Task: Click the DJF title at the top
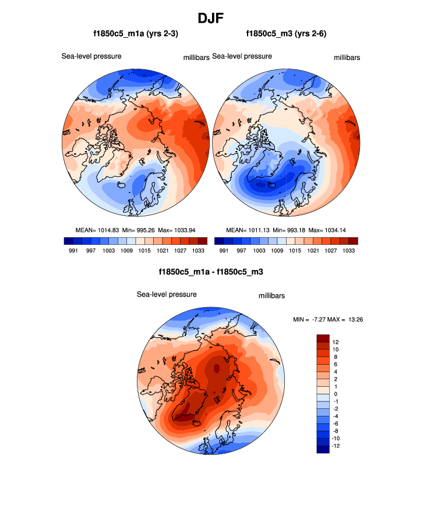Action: (213, 19)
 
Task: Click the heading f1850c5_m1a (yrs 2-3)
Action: (136, 34)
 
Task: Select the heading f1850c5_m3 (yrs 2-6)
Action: (286, 34)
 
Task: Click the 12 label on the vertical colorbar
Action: (336, 341)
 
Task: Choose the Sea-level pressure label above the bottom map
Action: (167, 294)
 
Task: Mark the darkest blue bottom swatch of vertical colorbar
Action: (323, 448)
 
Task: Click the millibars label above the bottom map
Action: (271, 296)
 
